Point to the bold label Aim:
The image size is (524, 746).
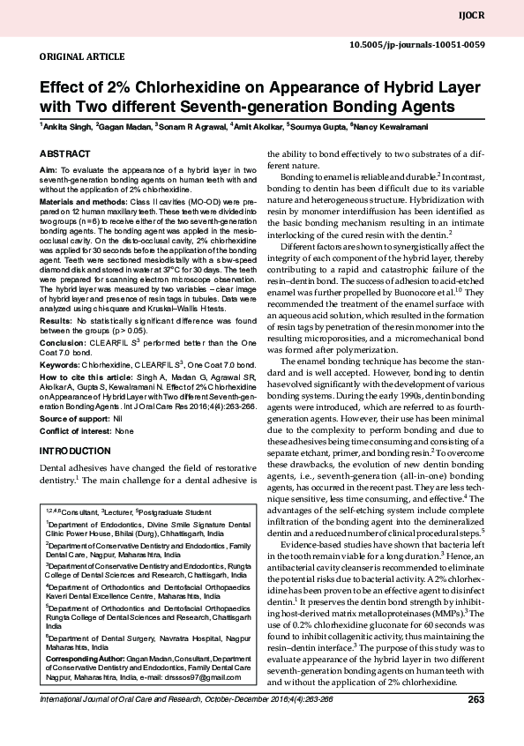pos(49,168)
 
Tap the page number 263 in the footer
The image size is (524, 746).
pos(476,700)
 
